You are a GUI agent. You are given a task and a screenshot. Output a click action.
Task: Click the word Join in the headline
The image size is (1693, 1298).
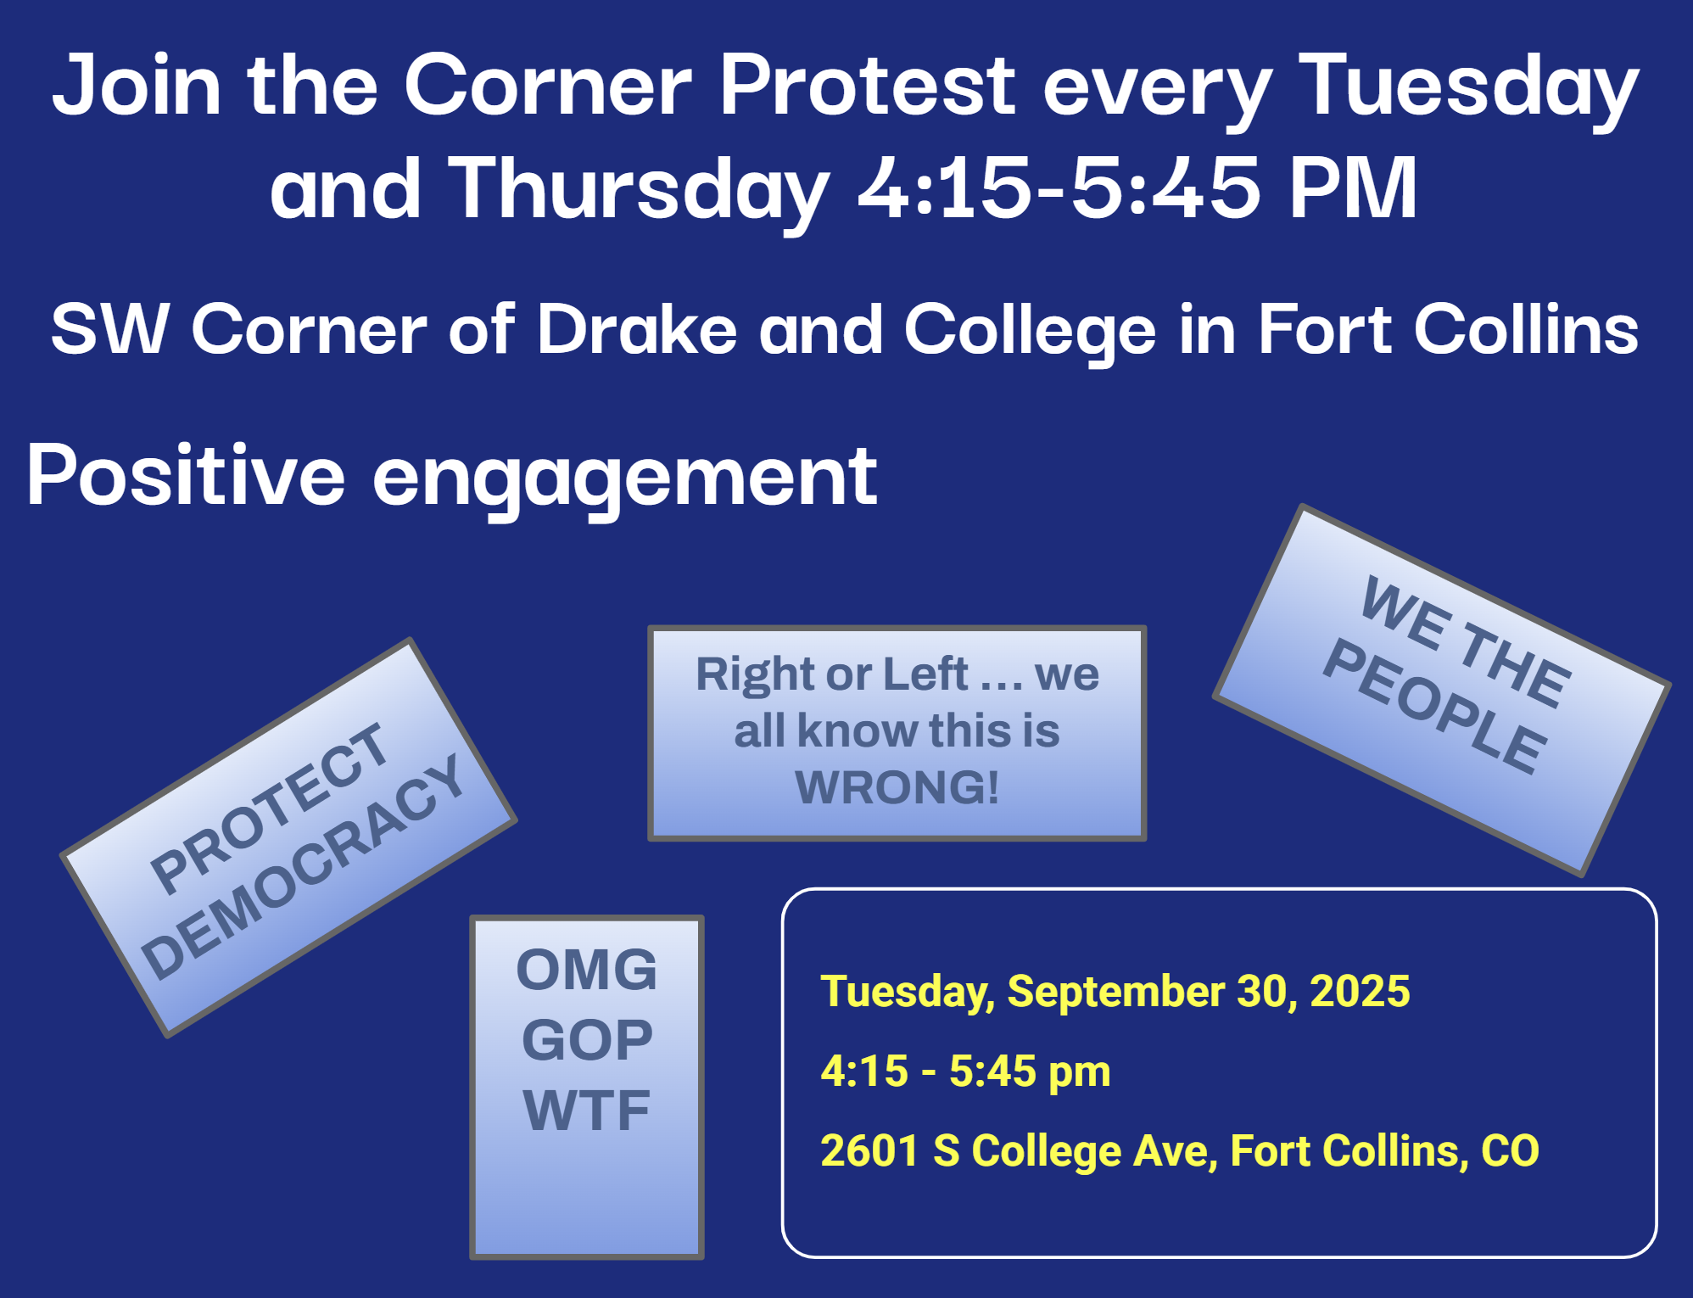coord(137,85)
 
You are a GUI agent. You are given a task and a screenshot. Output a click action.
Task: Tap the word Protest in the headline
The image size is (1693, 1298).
coord(867,85)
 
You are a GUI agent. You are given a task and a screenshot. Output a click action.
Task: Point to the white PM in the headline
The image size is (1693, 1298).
coord(1354,187)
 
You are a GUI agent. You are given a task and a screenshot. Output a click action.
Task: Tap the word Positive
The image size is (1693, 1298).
coord(186,475)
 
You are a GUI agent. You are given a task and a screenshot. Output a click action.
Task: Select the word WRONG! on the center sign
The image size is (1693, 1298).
coord(897,786)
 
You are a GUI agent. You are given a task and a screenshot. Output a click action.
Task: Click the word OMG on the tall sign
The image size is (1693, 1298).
coord(587,970)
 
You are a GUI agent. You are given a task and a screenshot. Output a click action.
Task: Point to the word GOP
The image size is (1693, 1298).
coord(587,1040)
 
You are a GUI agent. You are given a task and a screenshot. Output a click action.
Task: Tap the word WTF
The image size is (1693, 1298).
coord(587,1111)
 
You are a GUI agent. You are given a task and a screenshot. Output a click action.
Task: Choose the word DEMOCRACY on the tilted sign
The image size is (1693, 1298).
coord(302,866)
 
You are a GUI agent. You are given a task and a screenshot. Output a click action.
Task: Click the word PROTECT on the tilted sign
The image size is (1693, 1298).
coord(268,808)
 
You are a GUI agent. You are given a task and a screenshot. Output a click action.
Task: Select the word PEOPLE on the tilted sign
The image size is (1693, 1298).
coord(1435,706)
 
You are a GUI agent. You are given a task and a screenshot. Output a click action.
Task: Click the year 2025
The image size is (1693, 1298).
coord(1360,991)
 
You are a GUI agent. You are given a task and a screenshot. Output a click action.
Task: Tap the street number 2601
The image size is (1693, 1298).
coord(870,1151)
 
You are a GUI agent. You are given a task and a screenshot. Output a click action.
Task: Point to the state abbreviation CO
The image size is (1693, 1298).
coord(1510,1151)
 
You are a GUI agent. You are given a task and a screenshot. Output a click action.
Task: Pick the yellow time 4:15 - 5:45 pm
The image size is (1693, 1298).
coord(965,1071)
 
